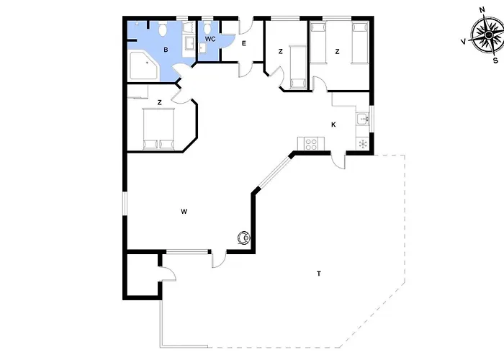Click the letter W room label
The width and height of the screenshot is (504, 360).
pyautogui.click(x=184, y=212)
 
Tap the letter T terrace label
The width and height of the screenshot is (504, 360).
pyautogui.click(x=319, y=274)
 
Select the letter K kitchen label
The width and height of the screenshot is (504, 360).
pyautogui.click(x=333, y=125)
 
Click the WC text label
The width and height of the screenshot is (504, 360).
pyautogui.click(x=210, y=39)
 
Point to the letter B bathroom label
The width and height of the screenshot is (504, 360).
pyautogui.click(x=166, y=50)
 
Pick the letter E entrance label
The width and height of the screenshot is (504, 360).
pyautogui.click(x=244, y=43)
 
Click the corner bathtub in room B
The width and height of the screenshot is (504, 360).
pyautogui.click(x=143, y=66)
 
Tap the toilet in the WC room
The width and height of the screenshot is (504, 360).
pyautogui.click(x=207, y=27)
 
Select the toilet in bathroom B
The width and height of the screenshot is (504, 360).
pyautogui.click(x=163, y=30)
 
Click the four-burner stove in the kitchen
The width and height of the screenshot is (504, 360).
pyautogui.click(x=311, y=143)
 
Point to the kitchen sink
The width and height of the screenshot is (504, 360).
pyautogui.click(x=363, y=119)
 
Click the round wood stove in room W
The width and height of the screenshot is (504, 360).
pyautogui.click(x=244, y=238)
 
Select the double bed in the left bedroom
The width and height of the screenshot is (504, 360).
pyautogui.click(x=158, y=129)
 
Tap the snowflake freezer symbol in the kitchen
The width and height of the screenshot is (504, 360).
pyautogui.click(x=363, y=144)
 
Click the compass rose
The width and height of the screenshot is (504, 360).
pyautogui.click(x=487, y=34)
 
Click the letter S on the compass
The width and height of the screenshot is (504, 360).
pyautogui.click(x=495, y=60)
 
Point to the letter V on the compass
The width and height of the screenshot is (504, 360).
pyautogui.click(x=464, y=42)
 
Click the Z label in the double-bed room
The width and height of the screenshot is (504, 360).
pyautogui.click(x=159, y=102)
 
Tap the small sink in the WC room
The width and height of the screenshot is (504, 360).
pyautogui.click(x=202, y=48)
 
